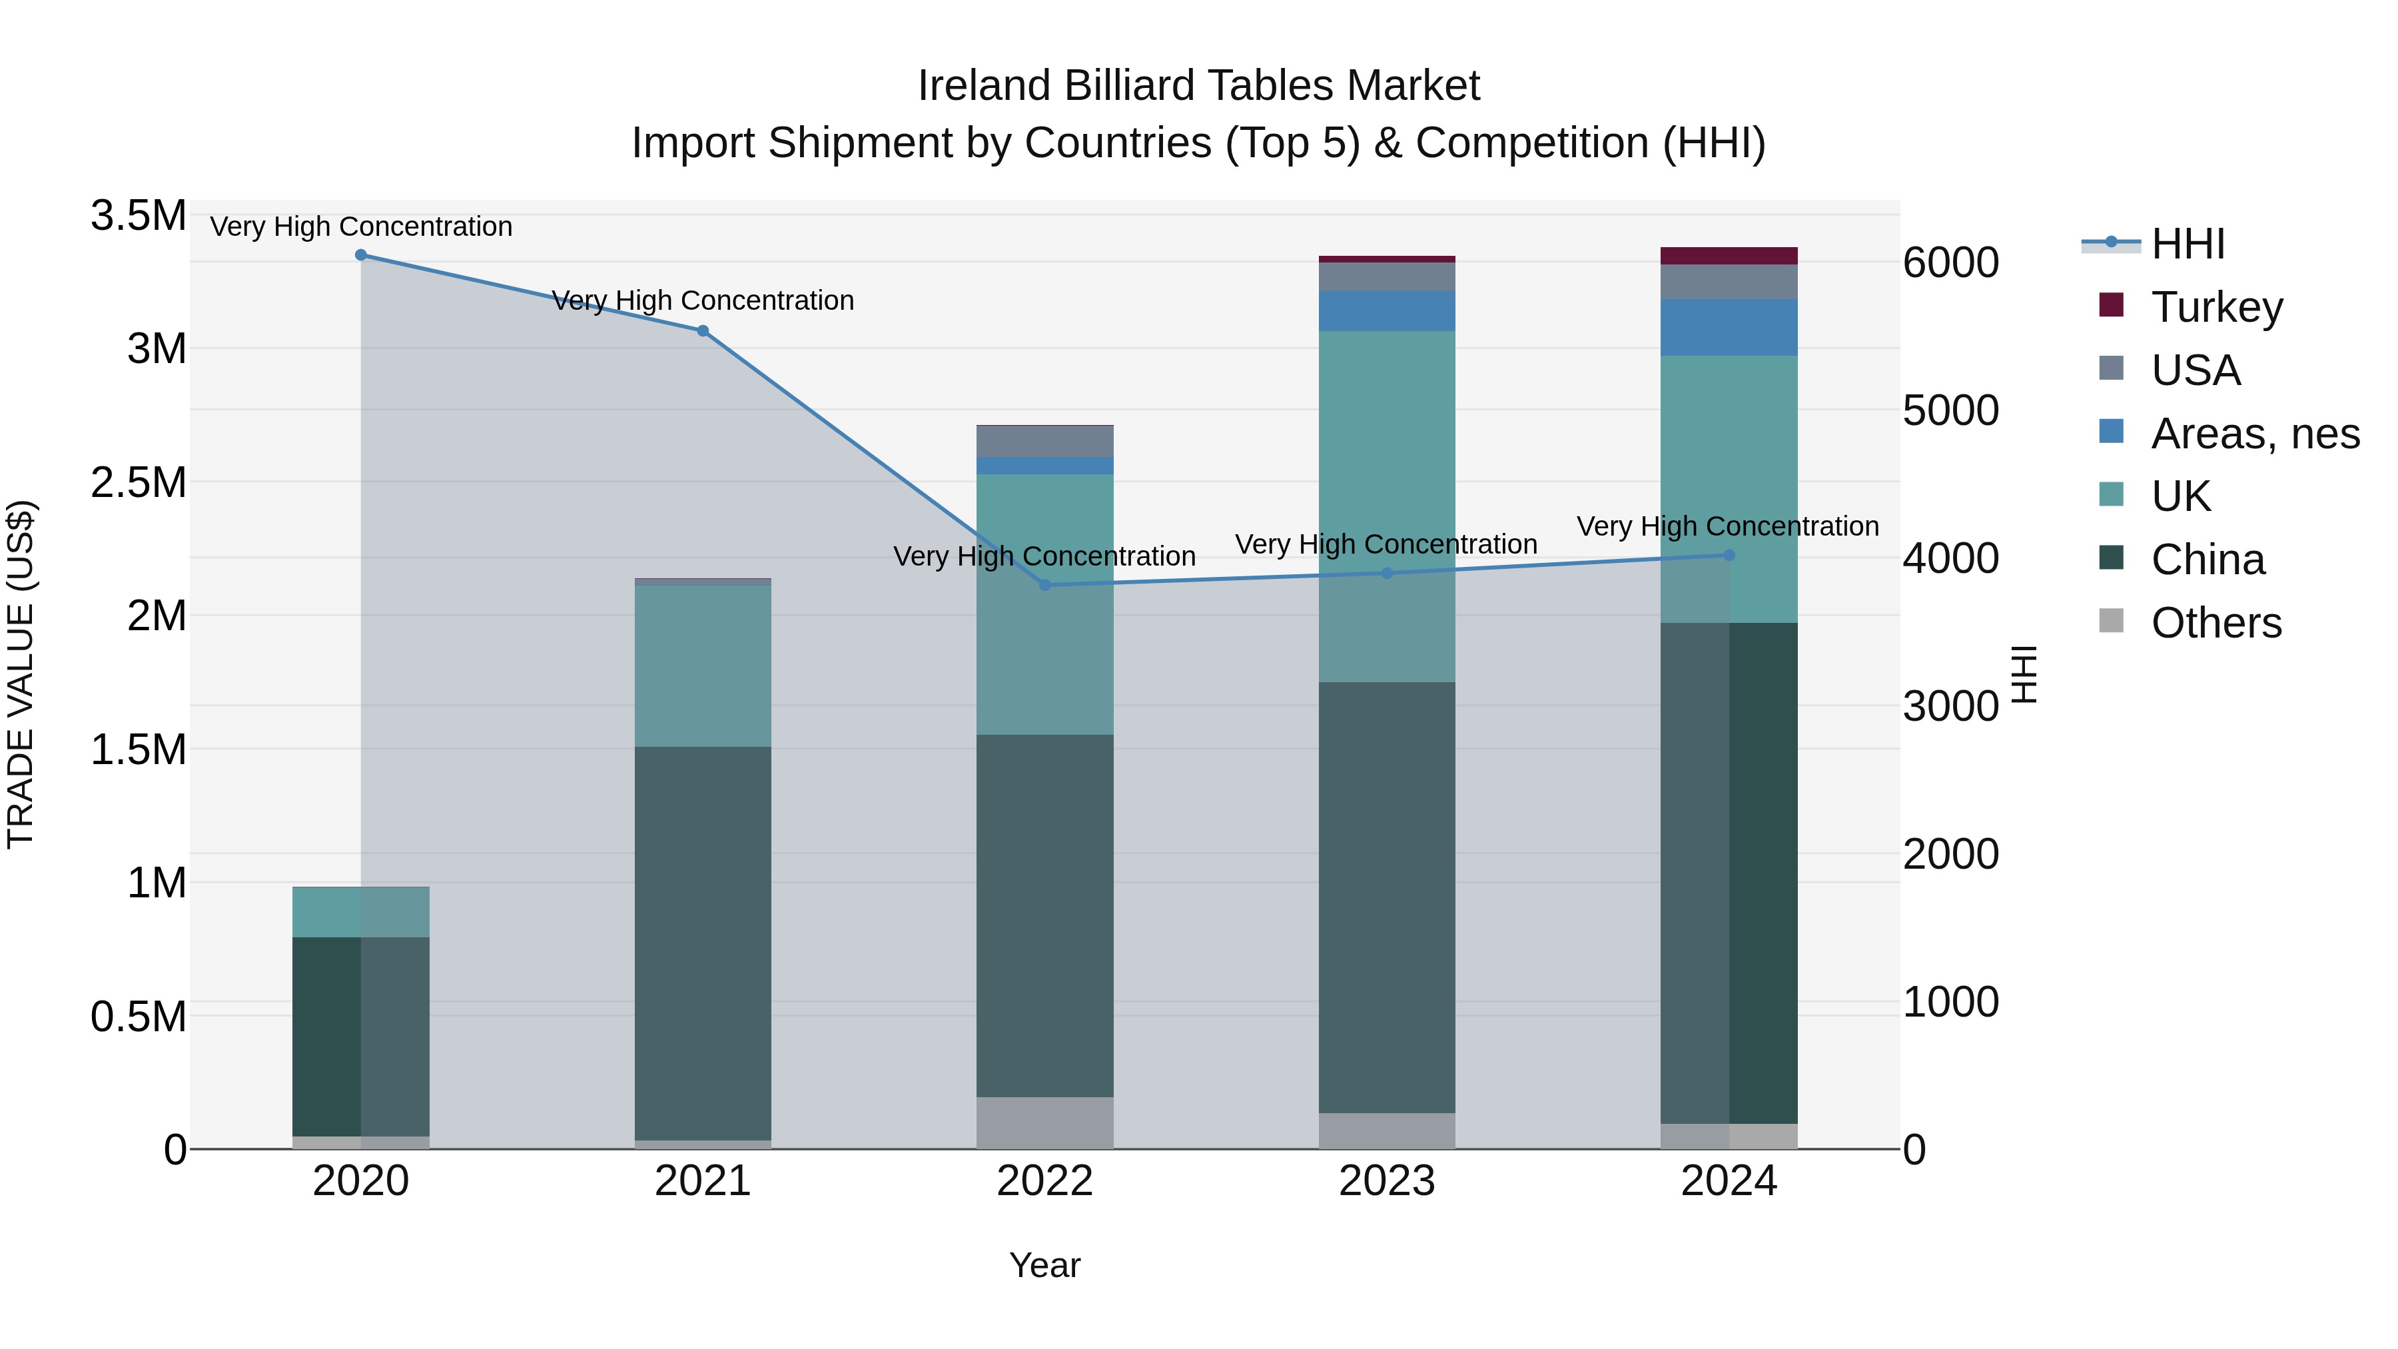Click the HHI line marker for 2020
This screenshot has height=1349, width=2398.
[361, 255]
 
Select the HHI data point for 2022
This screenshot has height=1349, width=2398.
[1044, 586]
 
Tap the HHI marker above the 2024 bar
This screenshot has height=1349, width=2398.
[1729, 556]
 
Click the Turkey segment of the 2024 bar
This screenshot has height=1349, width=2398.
[1729, 256]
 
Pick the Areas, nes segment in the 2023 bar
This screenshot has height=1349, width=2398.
[1387, 311]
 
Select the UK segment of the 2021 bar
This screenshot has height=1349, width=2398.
[703, 666]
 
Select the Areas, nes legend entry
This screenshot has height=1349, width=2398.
[2255, 434]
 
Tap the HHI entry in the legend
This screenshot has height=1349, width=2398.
[2188, 244]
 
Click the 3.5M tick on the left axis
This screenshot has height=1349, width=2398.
[138, 216]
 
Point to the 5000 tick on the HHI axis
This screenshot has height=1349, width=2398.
[1951, 410]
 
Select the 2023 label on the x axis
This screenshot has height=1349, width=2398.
[1387, 1180]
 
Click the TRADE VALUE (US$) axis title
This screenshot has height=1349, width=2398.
[21, 674]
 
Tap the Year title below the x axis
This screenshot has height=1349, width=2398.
[1044, 1265]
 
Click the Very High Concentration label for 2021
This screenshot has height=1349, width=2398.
[703, 300]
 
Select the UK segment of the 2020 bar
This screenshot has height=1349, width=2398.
[361, 913]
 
